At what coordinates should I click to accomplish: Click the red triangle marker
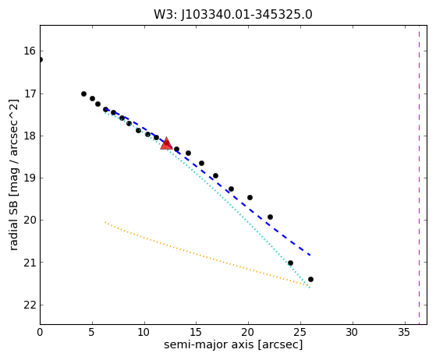[x=166, y=143]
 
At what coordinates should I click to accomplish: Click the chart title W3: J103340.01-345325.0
[x=233, y=15]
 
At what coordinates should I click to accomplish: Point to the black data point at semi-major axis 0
[x=41, y=59]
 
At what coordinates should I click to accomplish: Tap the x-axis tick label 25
[x=300, y=332]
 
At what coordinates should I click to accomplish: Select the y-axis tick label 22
[x=30, y=305]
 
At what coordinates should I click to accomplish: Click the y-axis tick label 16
[x=30, y=51]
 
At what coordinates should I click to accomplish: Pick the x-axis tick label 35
[x=404, y=332]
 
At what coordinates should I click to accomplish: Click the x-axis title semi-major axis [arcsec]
[x=233, y=344]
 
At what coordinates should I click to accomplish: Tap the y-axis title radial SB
[x=13, y=175]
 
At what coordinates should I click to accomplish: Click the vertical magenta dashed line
[x=419, y=175]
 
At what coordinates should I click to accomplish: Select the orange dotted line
[x=207, y=254]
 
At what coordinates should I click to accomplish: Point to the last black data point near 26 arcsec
[x=310, y=279]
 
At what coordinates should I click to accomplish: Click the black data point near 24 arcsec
[x=290, y=263]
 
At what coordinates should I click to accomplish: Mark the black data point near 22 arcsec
[x=270, y=217]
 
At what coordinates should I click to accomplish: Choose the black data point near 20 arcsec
[x=250, y=197]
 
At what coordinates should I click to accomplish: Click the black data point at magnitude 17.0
[x=83, y=94]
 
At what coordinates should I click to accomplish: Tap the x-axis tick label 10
[x=144, y=332]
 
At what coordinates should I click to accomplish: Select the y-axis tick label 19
[x=30, y=178]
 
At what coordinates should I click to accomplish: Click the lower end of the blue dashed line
[x=310, y=255]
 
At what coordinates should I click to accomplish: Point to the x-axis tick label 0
[x=40, y=332]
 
